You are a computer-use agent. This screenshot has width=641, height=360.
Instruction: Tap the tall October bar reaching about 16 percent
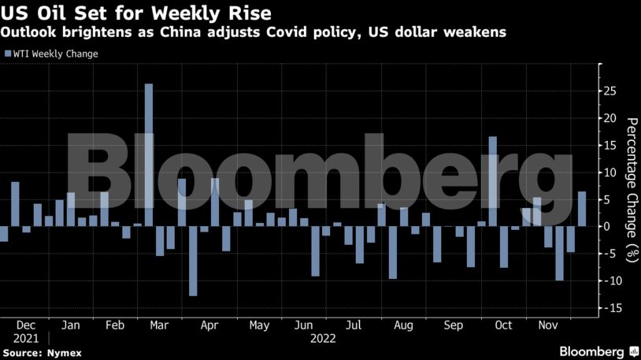(492, 181)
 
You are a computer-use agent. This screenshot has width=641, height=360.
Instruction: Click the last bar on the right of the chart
(582, 209)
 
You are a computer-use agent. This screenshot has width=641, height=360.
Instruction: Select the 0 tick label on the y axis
(607, 226)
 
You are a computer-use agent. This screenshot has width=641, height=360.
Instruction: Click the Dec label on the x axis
(24, 325)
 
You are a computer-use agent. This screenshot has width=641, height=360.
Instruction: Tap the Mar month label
(159, 325)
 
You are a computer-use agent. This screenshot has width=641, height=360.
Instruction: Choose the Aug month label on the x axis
(402, 325)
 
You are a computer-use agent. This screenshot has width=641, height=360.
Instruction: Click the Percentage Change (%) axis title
(631, 189)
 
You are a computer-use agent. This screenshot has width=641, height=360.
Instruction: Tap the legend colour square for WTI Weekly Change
(8, 54)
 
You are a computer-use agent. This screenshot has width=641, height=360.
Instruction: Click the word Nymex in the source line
(63, 352)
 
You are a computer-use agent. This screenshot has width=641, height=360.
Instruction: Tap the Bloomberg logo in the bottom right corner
(598, 351)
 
